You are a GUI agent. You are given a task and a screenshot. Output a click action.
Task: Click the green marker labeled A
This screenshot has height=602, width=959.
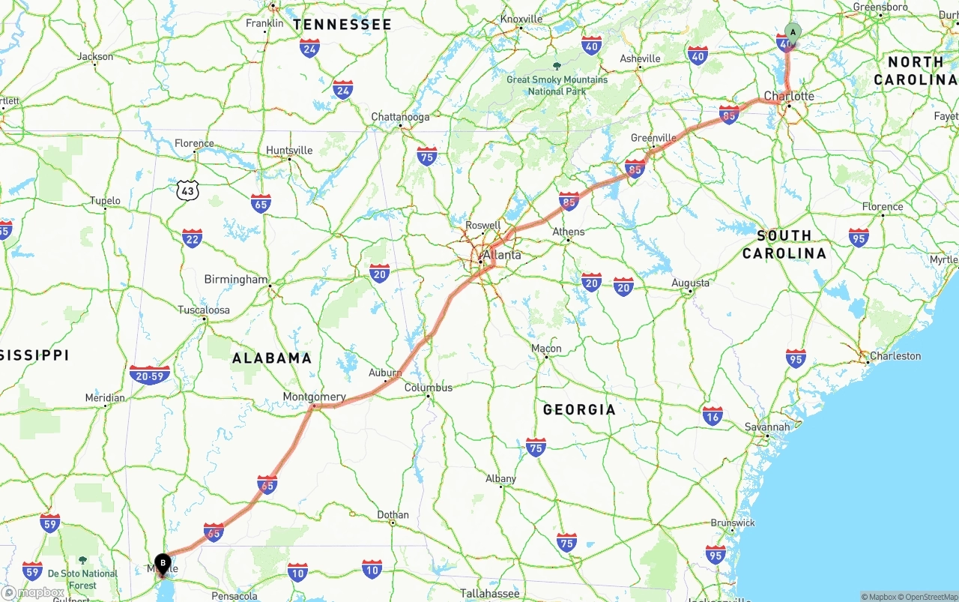coord(793,32)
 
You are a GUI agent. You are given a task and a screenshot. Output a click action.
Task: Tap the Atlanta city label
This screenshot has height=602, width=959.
coord(501,255)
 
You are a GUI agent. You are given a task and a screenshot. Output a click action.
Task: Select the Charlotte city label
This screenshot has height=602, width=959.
coord(789,96)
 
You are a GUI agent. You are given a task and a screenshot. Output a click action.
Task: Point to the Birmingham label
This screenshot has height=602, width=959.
coord(235,280)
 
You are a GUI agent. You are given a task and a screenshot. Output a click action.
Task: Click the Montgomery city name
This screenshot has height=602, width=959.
coord(314,397)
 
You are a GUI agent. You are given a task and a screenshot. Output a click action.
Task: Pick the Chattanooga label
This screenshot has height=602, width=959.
coord(401,117)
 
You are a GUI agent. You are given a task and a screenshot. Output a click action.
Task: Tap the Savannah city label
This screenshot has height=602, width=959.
coord(767,427)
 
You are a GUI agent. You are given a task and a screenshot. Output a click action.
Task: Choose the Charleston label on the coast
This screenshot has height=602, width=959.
coord(895,355)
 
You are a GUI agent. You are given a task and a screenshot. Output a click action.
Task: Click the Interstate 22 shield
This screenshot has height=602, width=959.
coord(192,238)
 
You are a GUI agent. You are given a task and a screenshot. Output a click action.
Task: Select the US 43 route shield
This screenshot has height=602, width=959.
coord(188,190)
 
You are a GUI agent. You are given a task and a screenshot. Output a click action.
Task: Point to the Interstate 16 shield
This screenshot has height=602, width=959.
coord(713,416)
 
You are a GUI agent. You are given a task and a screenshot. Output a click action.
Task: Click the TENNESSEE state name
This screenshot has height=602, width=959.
coord(342,25)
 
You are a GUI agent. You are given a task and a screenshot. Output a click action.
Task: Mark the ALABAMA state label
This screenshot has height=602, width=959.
coord(272,358)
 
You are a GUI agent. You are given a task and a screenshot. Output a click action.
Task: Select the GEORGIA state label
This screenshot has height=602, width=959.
coord(579,409)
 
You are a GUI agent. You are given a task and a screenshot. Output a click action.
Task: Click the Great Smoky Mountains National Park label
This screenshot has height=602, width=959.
coord(557,85)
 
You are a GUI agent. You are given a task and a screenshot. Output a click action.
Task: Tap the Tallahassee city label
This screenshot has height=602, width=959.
coord(489,593)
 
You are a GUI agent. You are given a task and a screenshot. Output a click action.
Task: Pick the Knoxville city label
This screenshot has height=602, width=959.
coord(521,19)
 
